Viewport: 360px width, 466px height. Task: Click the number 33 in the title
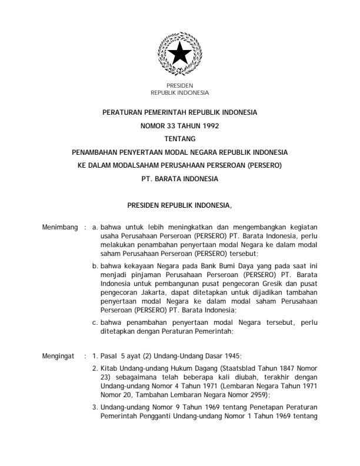175,125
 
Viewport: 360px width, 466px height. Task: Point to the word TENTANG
180,138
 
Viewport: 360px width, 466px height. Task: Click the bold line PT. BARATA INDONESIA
180,179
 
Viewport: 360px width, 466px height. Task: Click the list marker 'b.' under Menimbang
96,268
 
